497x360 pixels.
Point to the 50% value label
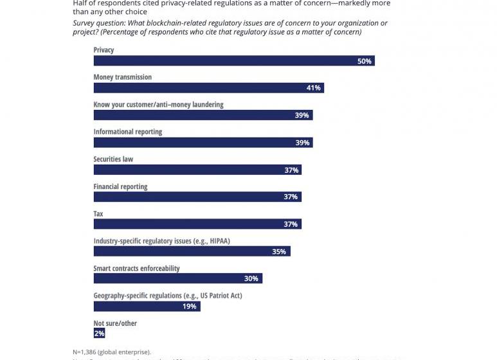[x=365, y=61]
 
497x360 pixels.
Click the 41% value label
[x=313, y=88]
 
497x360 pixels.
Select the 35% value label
[x=278, y=251]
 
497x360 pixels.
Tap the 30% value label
[x=251, y=278]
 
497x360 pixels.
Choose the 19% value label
[x=189, y=306]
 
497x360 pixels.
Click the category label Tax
[x=98, y=213]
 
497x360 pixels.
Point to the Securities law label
[x=113, y=159]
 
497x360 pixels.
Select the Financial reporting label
[x=120, y=186]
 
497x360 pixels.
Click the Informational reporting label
[x=127, y=132]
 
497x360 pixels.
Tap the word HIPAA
[x=217, y=241]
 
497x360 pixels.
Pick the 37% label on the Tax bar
[x=291, y=224]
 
